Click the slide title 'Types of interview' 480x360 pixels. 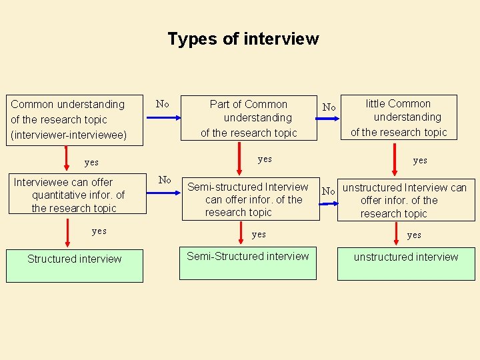pyautogui.click(x=243, y=39)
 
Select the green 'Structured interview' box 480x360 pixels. pyautogui.click(x=75, y=264)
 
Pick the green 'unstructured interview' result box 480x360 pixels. pyautogui.click(x=406, y=264)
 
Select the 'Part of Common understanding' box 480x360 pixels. pyautogui.click(x=249, y=119)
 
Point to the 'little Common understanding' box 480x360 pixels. pyautogui.click(x=399, y=117)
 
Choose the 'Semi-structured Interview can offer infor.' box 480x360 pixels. pyautogui.click(x=250, y=200)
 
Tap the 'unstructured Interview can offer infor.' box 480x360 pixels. pyautogui.click(x=406, y=201)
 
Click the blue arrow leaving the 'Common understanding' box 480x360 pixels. pyautogui.click(x=163, y=118)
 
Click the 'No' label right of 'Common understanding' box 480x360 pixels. pyautogui.click(x=162, y=103)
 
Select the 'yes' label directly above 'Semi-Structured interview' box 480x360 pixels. pyautogui.click(x=259, y=234)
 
